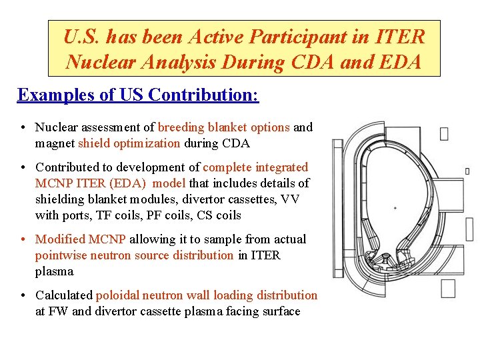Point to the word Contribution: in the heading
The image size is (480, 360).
point(203,95)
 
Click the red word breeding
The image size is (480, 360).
point(181,127)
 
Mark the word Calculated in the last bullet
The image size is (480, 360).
point(64,295)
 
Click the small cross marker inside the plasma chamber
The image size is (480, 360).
point(395,208)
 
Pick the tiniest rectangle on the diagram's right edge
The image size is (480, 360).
point(467,171)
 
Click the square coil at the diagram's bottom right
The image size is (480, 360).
point(447,288)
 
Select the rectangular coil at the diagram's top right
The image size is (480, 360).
point(444,133)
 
